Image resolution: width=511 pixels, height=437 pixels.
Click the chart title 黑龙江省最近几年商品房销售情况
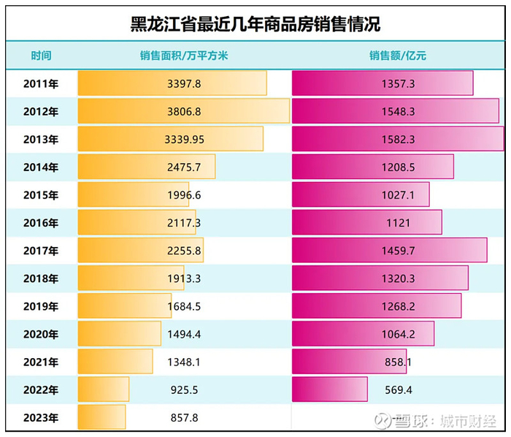[x=255, y=23]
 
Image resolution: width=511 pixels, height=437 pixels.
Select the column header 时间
[x=41, y=56]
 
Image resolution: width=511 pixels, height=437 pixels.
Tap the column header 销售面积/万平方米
[x=184, y=56]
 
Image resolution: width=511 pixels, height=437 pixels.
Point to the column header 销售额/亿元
[x=397, y=56]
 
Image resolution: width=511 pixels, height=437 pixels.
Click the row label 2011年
[x=41, y=83]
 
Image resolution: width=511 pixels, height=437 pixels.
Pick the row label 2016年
[x=41, y=223]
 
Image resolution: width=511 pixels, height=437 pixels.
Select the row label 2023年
[x=41, y=418]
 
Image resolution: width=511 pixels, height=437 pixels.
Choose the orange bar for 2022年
[x=103, y=389]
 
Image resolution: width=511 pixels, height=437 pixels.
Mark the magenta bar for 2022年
[x=329, y=389]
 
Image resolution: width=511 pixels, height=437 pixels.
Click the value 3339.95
[x=184, y=139]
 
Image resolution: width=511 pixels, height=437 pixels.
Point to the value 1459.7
[x=398, y=251]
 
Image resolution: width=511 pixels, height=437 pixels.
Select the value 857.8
[x=184, y=418]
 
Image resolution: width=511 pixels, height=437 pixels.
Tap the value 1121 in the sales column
[x=398, y=223]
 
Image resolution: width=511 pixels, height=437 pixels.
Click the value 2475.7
[x=184, y=167]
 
